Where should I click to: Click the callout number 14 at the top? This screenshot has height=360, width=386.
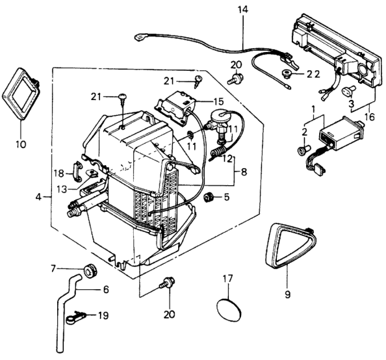click(x=243, y=10)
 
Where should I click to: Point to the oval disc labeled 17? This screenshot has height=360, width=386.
click(x=229, y=310)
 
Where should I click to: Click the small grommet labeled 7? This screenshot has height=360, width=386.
click(x=90, y=270)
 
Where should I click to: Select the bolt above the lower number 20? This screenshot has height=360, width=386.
click(x=168, y=283)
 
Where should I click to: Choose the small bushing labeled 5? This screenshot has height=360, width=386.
click(x=209, y=197)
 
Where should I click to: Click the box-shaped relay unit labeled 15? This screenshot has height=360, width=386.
click(x=175, y=109)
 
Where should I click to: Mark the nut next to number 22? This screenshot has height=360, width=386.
click(x=286, y=73)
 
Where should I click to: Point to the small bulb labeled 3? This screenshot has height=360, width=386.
click(x=348, y=90)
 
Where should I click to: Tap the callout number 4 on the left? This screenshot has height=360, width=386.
click(x=38, y=197)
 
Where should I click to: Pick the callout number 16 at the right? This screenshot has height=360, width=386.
click(x=370, y=116)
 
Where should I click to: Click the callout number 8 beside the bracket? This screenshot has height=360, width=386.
click(x=244, y=172)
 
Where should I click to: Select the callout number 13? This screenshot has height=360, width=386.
click(x=61, y=189)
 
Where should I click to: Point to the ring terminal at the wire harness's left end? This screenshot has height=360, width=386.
click(x=140, y=38)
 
